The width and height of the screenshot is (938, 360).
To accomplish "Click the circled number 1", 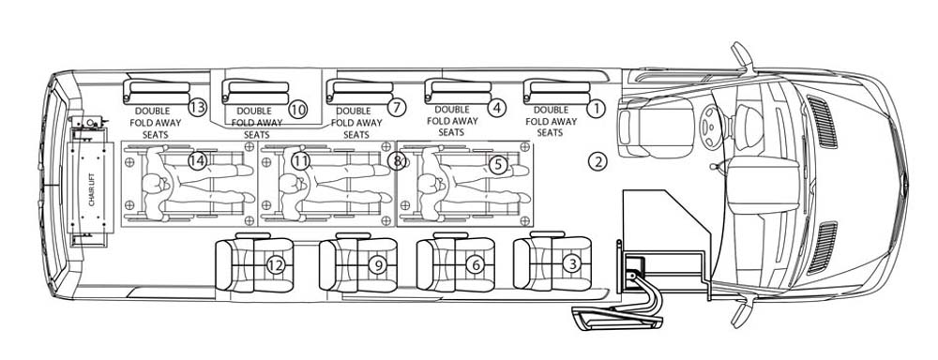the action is [x=596, y=109].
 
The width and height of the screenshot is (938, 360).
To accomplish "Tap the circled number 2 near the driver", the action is [x=597, y=161].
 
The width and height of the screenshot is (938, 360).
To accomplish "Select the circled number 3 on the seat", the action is [x=572, y=263].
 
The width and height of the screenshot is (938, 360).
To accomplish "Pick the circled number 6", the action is [x=475, y=264].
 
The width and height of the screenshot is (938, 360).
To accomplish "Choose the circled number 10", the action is [x=297, y=109].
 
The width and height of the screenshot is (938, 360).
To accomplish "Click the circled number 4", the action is [x=496, y=108].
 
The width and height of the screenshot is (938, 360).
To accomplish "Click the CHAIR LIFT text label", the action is [x=92, y=188].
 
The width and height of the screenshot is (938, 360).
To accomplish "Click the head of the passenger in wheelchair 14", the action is [x=155, y=184].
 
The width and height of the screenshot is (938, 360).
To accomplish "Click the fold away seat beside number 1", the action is [x=556, y=92].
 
